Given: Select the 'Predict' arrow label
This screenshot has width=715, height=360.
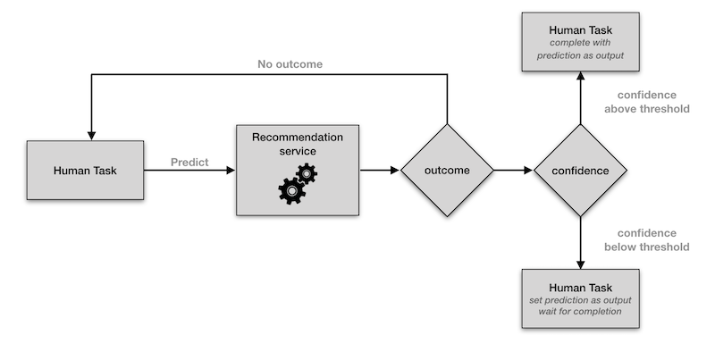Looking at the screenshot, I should click(x=189, y=162).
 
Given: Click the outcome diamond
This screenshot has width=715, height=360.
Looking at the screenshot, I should click(x=446, y=170).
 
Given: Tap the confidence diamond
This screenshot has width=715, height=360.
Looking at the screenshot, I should click(x=581, y=170).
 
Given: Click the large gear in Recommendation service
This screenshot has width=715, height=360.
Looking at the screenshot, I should click(x=291, y=190).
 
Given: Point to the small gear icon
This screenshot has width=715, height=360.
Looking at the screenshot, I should click(x=307, y=173).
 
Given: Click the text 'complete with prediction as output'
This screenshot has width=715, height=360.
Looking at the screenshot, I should click(x=581, y=49).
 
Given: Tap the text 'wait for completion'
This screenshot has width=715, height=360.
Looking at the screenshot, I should click(x=581, y=312).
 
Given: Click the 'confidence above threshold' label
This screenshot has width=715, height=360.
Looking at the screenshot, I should click(x=646, y=102).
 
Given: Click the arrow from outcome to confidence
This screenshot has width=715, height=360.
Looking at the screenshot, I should click(x=512, y=170).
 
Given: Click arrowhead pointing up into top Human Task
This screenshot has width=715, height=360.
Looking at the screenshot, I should click(x=581, y=79).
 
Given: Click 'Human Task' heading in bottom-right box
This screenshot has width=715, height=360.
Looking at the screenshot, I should click(x=581, y=287).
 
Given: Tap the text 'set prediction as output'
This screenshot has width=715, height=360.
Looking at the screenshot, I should click(x=581, y=300).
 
